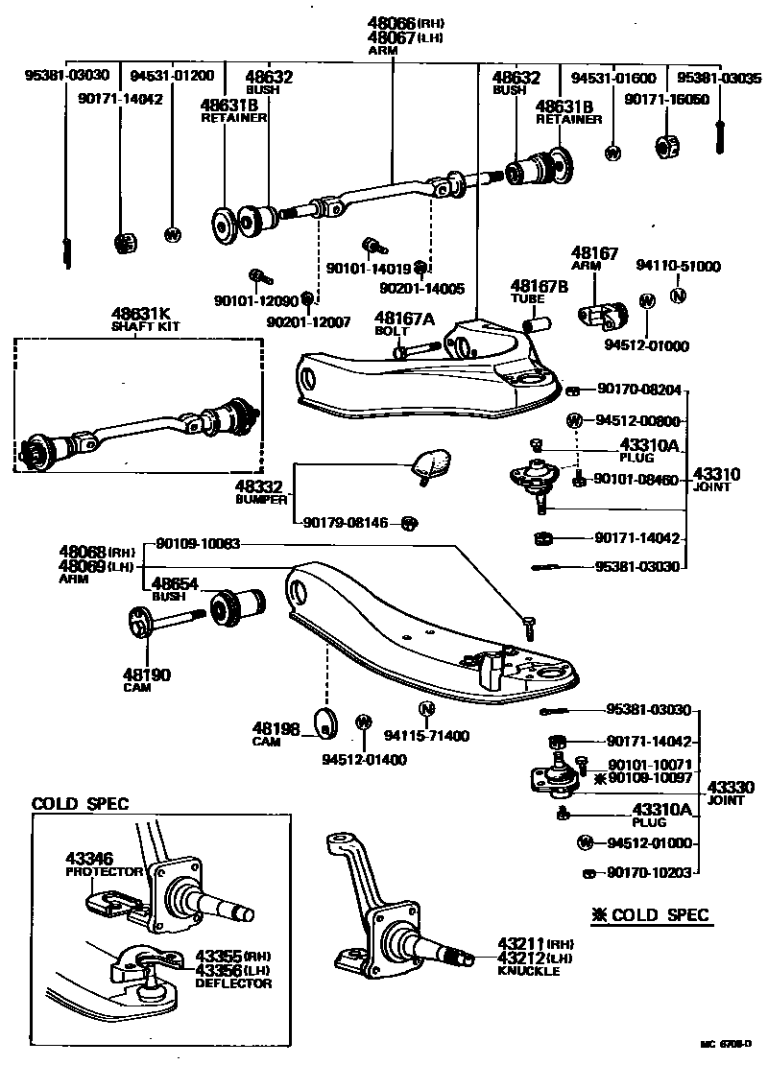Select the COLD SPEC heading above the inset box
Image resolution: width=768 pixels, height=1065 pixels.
(81, 804)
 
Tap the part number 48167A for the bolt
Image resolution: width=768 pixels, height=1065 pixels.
(404, 319)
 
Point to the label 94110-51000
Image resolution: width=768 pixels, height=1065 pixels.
(679, 266)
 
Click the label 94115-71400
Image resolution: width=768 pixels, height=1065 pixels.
(426, 736)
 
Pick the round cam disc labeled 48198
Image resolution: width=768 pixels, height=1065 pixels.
(326, 727)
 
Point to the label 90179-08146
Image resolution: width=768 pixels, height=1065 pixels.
(347, 523)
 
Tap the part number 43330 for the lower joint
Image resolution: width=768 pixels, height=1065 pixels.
(731, 787)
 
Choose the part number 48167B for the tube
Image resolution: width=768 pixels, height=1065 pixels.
(539, 286)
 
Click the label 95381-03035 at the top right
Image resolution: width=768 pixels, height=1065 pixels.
(719, 76)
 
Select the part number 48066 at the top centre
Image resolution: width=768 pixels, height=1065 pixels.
(393, 23)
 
